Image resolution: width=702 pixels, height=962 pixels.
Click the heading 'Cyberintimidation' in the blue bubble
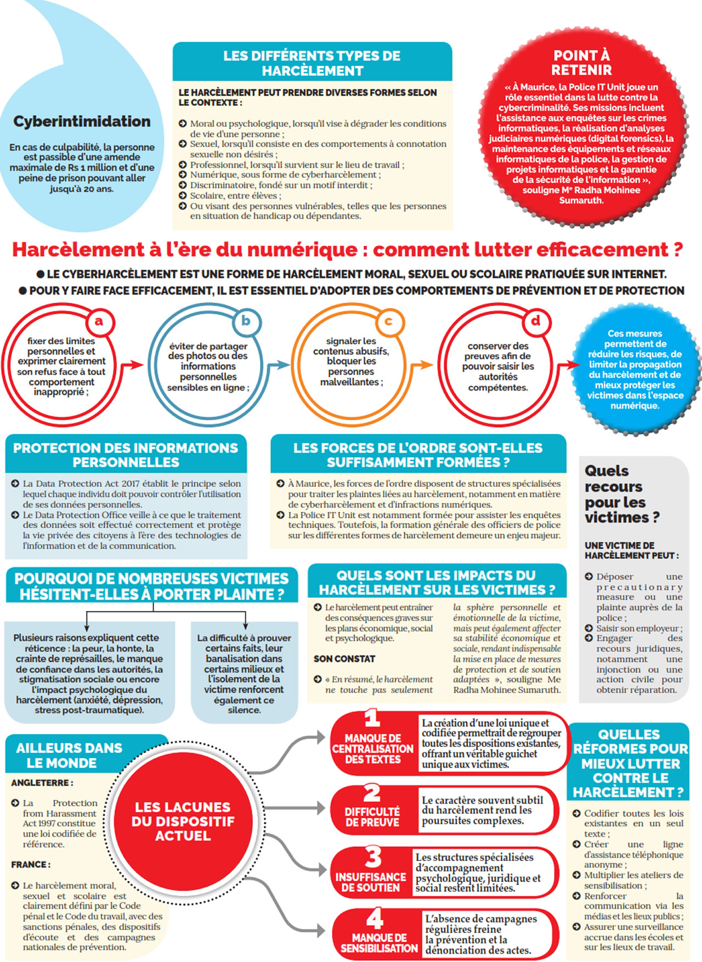coord(82,121)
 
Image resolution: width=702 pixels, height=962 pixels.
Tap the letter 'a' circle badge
coord(99,321)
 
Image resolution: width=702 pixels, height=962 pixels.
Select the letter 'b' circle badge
coord(246,320)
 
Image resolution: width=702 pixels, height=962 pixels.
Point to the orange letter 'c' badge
coord(388,321)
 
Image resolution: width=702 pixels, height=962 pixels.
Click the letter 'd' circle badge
coord(535,320)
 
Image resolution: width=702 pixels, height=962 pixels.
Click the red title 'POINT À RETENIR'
coord(581,63)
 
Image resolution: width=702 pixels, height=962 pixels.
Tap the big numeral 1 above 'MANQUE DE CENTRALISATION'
coord(372,718)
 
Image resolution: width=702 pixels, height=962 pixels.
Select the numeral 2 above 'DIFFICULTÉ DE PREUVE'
coord(372,793)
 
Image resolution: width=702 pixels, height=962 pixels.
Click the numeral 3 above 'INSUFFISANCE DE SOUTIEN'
coord(373,857)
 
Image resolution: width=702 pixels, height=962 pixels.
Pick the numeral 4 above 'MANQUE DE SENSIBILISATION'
coord(375,918)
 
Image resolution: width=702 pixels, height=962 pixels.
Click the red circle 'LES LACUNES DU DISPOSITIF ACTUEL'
coord(183,821)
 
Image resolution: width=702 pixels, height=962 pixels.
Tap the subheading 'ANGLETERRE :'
coord(42,783)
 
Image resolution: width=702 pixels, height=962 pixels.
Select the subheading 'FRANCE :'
coord(31,864)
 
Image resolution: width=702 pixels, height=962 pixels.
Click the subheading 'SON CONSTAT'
coord(344,659)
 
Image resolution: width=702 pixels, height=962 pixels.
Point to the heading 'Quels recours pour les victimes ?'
coord(621,494)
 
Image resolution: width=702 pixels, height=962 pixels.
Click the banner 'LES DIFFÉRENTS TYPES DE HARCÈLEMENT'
coord(312,63)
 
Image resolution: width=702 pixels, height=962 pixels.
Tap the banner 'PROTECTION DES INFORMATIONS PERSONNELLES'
coord(126,455)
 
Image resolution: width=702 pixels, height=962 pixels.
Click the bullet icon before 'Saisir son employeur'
coord(588,628)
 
